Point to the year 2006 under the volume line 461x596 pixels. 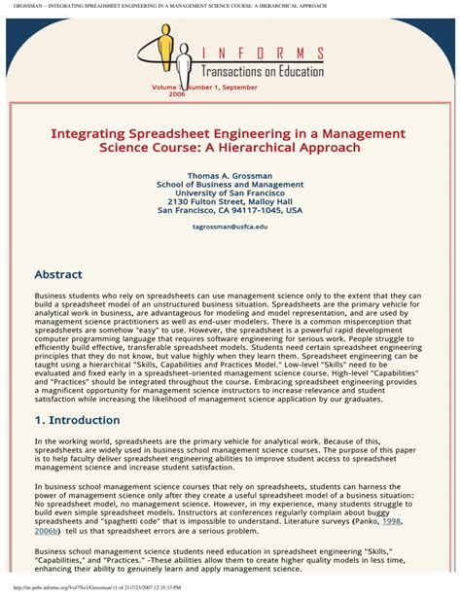point(177,94)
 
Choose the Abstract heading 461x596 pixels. point(58,275)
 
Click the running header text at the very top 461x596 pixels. point(175,6)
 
